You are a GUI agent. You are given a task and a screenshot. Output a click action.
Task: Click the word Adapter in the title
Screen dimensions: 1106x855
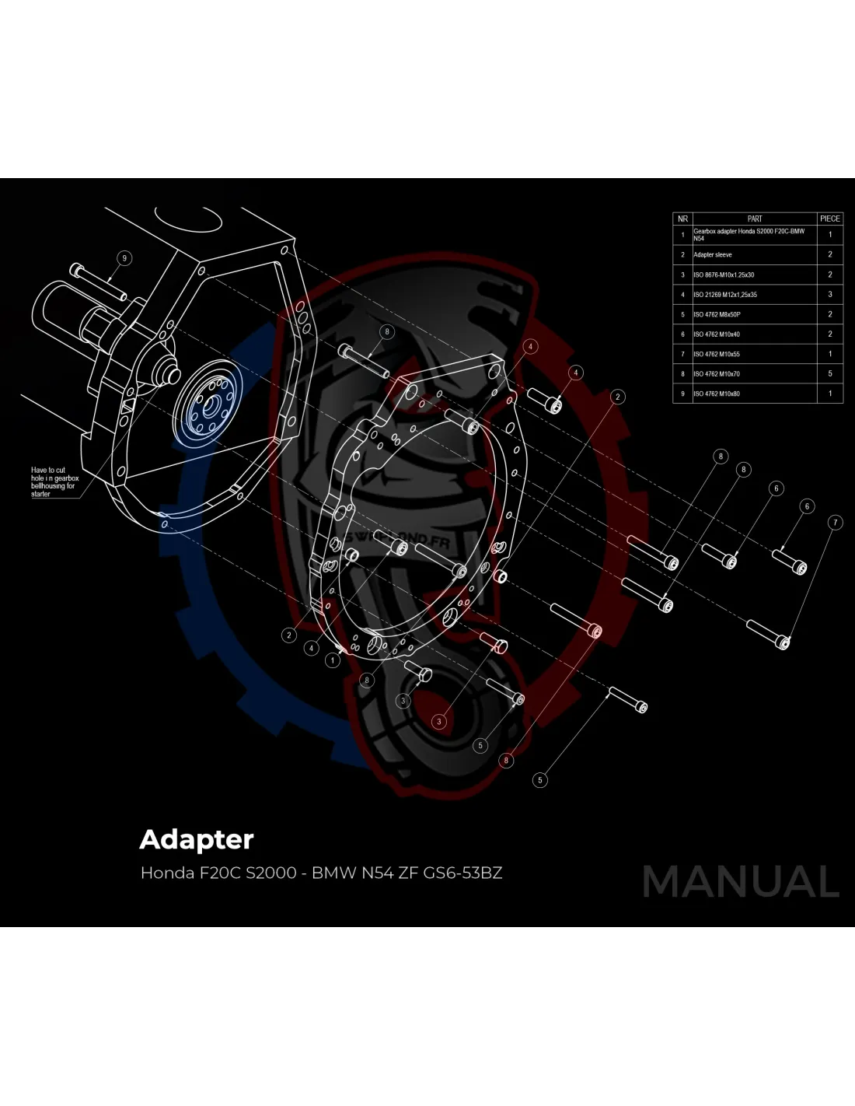pos(196,840)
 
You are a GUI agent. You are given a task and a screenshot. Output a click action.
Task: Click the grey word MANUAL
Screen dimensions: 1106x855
pos(741,881)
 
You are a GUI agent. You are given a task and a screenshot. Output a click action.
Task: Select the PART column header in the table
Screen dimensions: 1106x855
pos(754,219)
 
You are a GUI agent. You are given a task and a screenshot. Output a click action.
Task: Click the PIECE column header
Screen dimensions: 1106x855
pos(829,219)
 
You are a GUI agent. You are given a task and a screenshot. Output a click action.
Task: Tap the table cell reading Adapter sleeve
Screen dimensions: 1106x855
pos(713,254)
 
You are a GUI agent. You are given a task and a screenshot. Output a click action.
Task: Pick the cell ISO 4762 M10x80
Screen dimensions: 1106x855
pos(717,394)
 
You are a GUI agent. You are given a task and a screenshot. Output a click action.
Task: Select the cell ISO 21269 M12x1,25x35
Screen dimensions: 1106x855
pos(725,295)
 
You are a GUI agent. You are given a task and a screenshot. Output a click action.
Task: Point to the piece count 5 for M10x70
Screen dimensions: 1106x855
pos(829,373)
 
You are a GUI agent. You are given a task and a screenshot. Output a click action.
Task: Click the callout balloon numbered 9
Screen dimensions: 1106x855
pos(124,258)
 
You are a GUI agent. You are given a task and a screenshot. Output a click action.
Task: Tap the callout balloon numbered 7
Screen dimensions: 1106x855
pos(835,523)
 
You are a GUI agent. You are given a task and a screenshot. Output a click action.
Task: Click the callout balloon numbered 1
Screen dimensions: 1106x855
pos(333,660)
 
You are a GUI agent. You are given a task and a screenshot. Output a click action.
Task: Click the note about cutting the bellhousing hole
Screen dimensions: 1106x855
pos(54,481)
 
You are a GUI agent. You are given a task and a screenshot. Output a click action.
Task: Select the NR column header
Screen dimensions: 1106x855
pos(682,219)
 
